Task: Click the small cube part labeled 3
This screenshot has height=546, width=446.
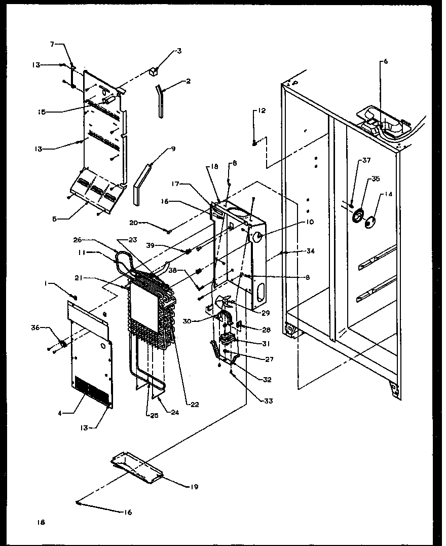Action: (x=151, y=71)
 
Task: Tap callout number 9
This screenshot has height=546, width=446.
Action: (x=173, y=149)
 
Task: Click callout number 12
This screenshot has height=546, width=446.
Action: (x=262, y=111)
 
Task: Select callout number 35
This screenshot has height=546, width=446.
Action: (x=376, y=178)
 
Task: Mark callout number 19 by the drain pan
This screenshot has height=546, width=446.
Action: (x=194, y=487)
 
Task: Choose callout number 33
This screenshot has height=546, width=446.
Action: (x=268, y=401)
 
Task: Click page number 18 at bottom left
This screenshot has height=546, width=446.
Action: (x=41, y=522)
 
